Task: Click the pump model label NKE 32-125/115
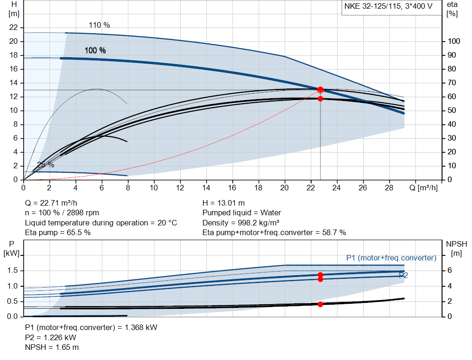(x=387, y=7)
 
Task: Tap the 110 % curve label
(x=99, y=25)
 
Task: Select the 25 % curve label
(x=46, y=165)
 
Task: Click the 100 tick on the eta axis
(x=454, y=41)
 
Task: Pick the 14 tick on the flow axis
(x=206, y=188)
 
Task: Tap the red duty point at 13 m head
(x=320, y=90)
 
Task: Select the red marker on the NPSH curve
(x=320, y=304)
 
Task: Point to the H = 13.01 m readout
(x=224, y=203)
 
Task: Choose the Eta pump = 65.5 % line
(x=58, y=233)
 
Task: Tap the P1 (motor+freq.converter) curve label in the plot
(x=391, y=258)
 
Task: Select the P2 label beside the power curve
(x=403, y=275)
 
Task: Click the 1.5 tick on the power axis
(x=12, y=271)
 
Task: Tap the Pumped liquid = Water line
(x=242, y=213)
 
